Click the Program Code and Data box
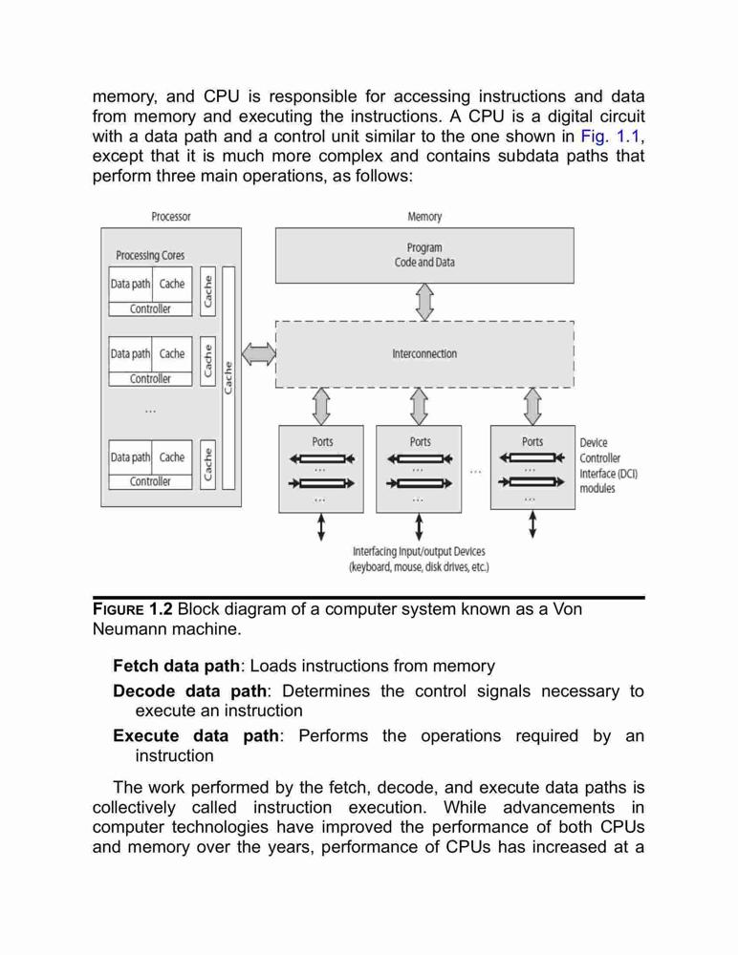(424, 255)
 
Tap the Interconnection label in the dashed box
(424, 354)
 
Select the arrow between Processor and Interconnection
(259, 354)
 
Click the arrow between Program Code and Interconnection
(424, 302)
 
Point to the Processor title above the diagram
(171, 216)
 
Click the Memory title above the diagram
(424, 216)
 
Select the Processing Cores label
(150, 255)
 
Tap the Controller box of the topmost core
(151, 308)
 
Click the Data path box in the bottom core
(131, 456)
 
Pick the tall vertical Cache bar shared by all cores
(228, 377)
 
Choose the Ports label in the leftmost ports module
(323, 441)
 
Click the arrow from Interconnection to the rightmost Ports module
(532, 406)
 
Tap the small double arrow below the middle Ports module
(419, 527)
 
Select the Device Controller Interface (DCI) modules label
(608, 465)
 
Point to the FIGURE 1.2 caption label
(132, 609)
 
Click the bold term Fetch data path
(176, 666)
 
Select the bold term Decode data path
(189, 691)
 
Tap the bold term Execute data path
(196, 735)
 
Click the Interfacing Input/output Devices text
(419, 559)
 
